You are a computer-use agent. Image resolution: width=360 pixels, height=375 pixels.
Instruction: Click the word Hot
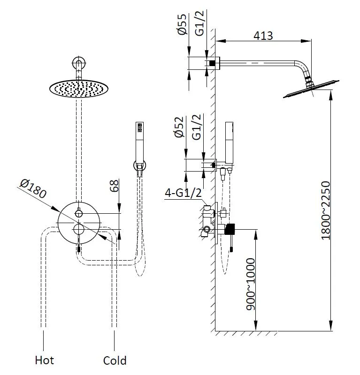click(x=45, y=360)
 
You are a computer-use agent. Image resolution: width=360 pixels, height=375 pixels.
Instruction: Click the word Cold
click(x=115, y=360)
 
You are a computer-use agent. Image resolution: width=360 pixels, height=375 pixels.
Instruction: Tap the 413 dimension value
click(x=263, y=36)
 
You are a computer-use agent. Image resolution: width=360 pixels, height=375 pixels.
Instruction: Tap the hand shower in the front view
click(x=138, y=141)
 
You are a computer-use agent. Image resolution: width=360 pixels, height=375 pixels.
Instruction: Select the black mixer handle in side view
click(x=230, y=229)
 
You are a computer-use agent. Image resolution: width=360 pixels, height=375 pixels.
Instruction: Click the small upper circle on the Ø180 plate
click(x=79, y=214)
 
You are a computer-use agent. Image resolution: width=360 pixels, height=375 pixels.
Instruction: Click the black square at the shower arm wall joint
click(x=212, y=62)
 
